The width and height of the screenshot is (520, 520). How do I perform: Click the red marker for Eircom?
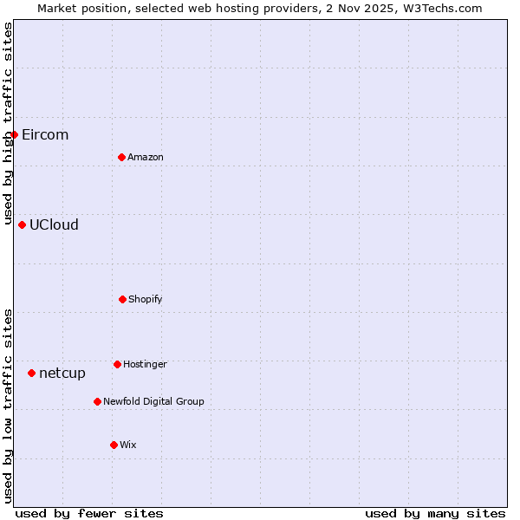(14, 134)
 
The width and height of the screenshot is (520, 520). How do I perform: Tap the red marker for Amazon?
(121, 157)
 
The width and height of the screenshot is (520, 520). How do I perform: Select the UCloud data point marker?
(22, 224)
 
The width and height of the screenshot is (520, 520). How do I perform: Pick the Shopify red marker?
(122, 299)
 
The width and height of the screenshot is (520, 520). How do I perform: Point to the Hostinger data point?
(117, 364)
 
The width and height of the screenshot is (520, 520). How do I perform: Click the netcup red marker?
(31, 373)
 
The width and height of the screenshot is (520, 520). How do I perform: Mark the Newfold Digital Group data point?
(97, 401)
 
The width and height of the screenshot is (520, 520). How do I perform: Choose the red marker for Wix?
(114, 445)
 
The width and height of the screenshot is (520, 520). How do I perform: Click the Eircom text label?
(45, 134)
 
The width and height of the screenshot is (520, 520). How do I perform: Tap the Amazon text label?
(146, 157)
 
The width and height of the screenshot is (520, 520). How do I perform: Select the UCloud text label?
(54, 224)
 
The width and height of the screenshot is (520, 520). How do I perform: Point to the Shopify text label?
(146, 299)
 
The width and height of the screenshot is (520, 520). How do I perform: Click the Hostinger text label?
(145, 364)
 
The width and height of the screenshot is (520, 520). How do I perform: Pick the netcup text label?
(62, 373)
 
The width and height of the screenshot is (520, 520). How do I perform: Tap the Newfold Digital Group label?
(153, 401)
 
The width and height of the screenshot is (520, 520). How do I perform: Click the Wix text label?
(128, 445)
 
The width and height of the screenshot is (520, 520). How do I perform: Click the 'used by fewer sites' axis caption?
(89, 513)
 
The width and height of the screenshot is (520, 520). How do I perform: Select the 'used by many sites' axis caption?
(435, 513)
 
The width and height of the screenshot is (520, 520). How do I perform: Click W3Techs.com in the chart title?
(441, 8)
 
